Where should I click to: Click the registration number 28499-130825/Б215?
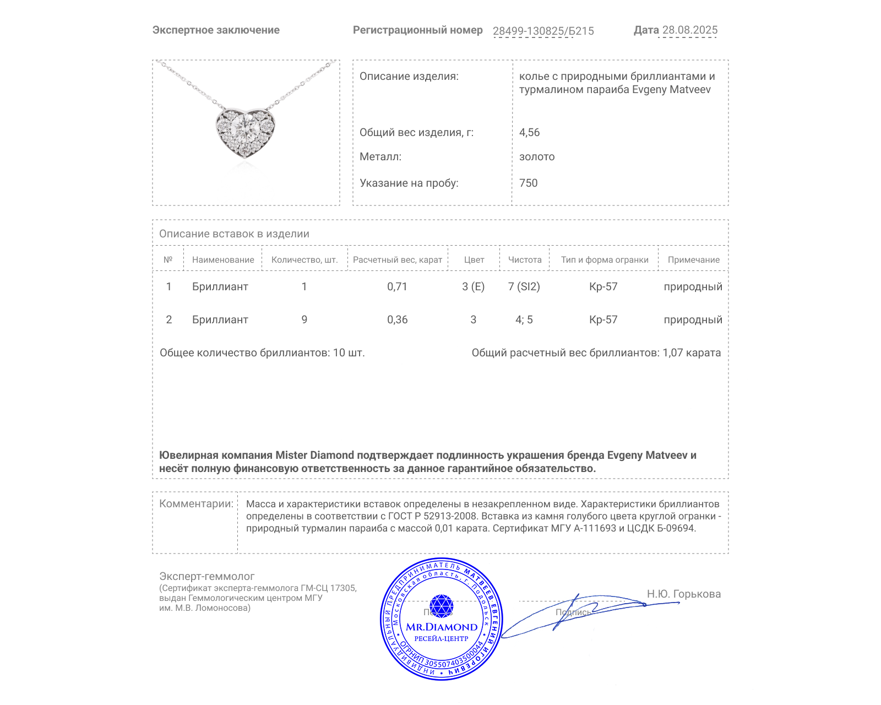pos(543,31)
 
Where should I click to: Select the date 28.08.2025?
pos(689,30)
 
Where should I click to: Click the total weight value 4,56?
pos(529,132)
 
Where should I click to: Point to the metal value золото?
pos(536,157)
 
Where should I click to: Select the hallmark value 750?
pos(528,183)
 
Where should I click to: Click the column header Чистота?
pos(524,260)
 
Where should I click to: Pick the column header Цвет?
pos(474,260)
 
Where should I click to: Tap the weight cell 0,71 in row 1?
pos(397,286)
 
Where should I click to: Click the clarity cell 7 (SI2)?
pos(524,286)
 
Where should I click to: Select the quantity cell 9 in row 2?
pos(304,319)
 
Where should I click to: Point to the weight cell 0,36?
pos(397,319)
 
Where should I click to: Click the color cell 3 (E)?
pos(473,286)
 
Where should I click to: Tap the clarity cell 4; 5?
pos(524,319)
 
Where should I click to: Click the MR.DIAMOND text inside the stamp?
pos(442,627)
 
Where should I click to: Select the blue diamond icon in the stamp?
pos(441,606)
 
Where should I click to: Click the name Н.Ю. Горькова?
pos(683,594)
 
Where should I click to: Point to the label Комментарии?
pos(196,503)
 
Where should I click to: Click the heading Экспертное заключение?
pos(216,30)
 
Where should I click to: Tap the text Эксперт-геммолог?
pos(206,576)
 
